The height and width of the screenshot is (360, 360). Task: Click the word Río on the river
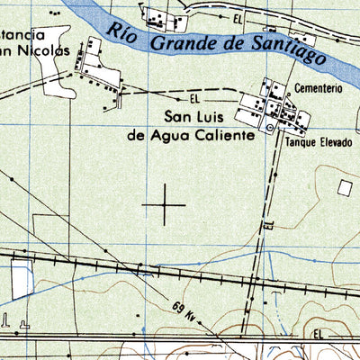[x=126, y=32]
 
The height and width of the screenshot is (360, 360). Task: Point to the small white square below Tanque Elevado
[x=346, y=186]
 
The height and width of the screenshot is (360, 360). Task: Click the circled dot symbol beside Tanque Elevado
[x=270, y=129]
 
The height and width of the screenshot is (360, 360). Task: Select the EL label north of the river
[x=238, y=17]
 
